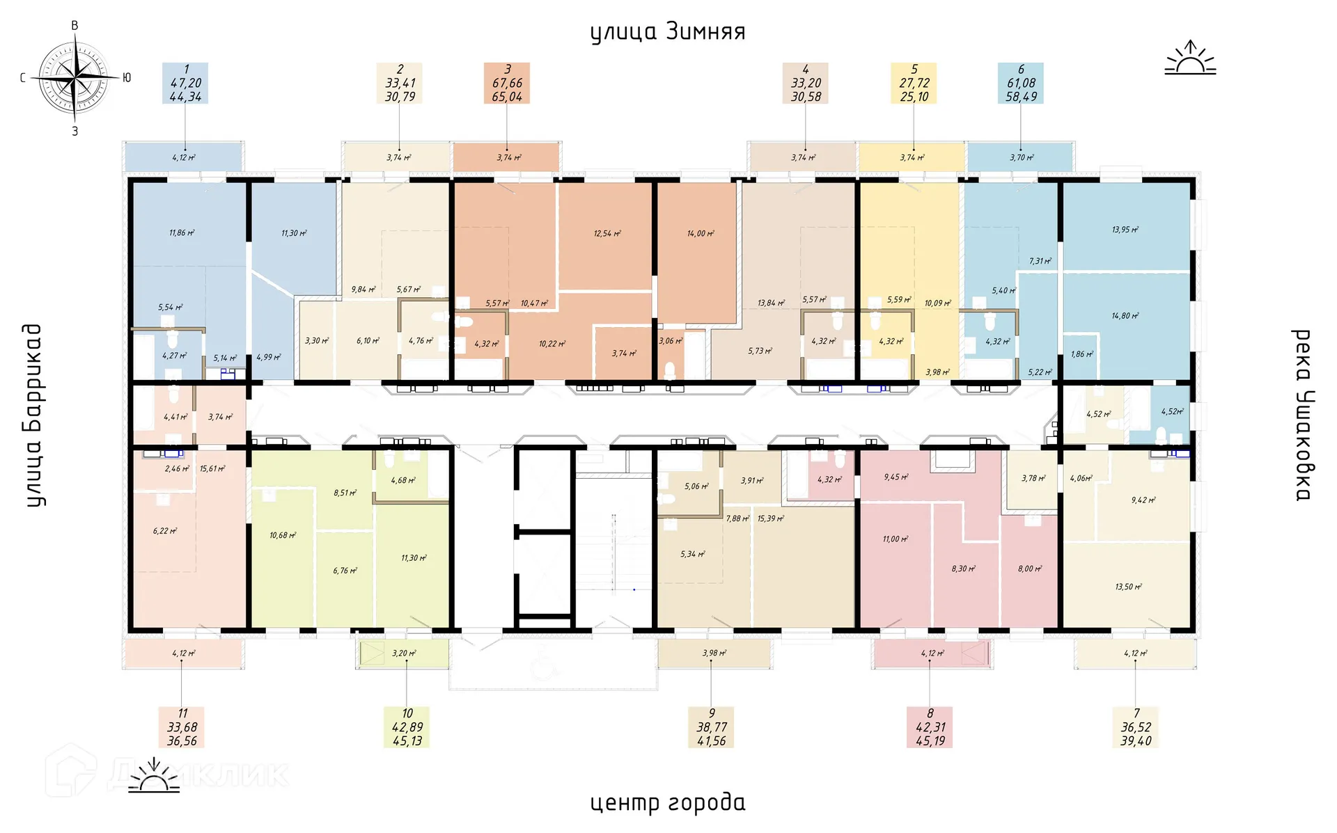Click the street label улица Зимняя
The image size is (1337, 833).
point(667,32)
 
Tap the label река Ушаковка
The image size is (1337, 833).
point(1302,415)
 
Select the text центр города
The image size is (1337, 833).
point(667,802)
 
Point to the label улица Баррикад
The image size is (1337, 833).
point(33,415)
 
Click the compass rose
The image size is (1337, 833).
point(75,77)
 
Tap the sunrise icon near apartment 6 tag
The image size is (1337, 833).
point(1190,58)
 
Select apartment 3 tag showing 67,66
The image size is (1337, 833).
point(507,83)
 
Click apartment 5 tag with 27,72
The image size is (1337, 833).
point(914,83)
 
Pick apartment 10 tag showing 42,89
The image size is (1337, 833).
point(407,727)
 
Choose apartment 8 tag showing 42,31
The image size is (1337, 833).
point(930,727)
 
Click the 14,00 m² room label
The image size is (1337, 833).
point(701,234)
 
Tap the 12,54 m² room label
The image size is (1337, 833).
point(607,234)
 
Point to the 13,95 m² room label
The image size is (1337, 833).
point(1125,230)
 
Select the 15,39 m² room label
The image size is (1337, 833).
point(771,518)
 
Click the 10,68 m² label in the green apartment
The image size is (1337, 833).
point(283,535)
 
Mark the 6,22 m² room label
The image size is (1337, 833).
point(165,531)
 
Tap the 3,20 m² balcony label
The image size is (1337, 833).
point(404,653)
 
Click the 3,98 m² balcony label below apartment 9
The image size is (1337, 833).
point(714,653)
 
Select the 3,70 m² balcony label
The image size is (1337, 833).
point(1022,158)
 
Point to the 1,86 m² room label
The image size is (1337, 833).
point(1082,354)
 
